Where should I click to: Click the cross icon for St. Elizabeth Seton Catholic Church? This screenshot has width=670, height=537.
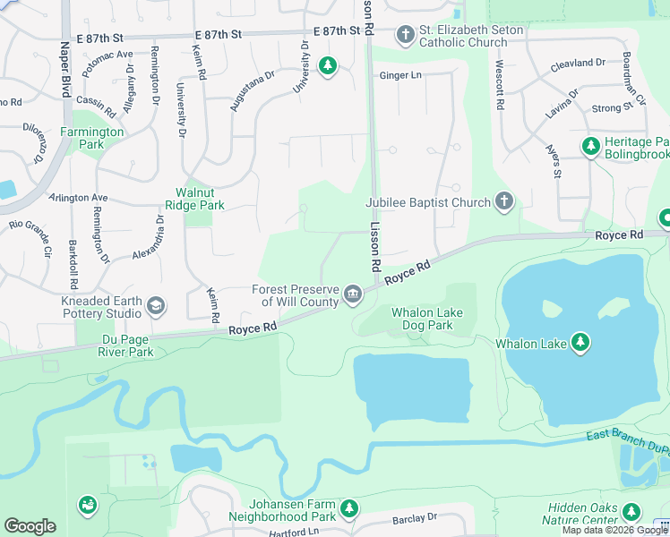click(x=406, y=35)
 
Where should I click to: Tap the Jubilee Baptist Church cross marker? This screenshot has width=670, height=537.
click(x=504, y=201)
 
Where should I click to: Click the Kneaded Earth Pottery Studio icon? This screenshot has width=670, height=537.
click(x=156, y=307)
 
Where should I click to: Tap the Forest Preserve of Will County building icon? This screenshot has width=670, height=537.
click(x=353, y=294)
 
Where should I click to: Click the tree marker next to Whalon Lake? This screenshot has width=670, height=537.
click(x=580, y=343)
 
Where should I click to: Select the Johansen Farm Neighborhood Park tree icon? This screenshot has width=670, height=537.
click(x=349, y=509)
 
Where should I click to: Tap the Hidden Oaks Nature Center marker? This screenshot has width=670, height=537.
click(x=631, y=512)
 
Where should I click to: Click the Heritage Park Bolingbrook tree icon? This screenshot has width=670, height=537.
click(x=590, y=146)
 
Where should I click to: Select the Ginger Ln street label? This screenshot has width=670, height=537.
click(x=400, y=76)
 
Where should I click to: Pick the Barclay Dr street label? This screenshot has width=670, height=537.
click(x=414, y=518)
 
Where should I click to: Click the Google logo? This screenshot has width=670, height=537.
click(x=30, y=526)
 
